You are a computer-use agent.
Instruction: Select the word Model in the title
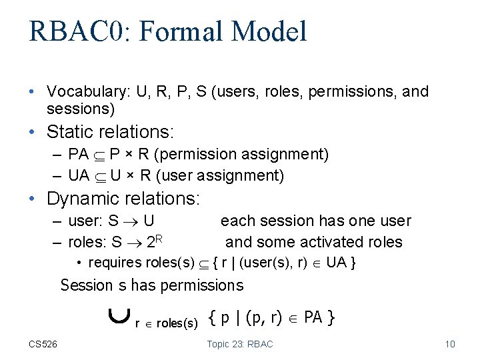[x=272, y=32]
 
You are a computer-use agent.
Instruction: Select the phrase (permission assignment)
[x=241, y=154]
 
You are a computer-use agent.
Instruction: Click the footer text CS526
[x=43, y=344]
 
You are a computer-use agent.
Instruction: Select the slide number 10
[x=449, y=344]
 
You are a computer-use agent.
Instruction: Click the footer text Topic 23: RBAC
[x=240, y=344]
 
